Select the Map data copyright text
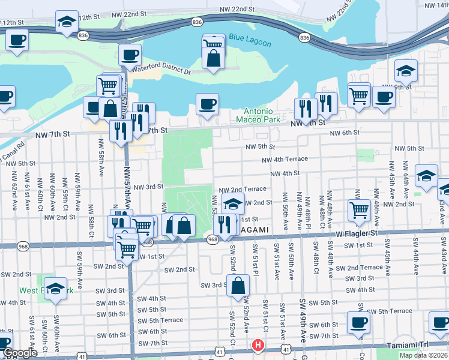[424, 355]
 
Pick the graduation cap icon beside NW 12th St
[66, 22]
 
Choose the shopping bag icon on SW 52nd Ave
[238, 286]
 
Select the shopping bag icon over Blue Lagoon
[213, 58]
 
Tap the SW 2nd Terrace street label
[358, 268]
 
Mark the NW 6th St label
[344, 133]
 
